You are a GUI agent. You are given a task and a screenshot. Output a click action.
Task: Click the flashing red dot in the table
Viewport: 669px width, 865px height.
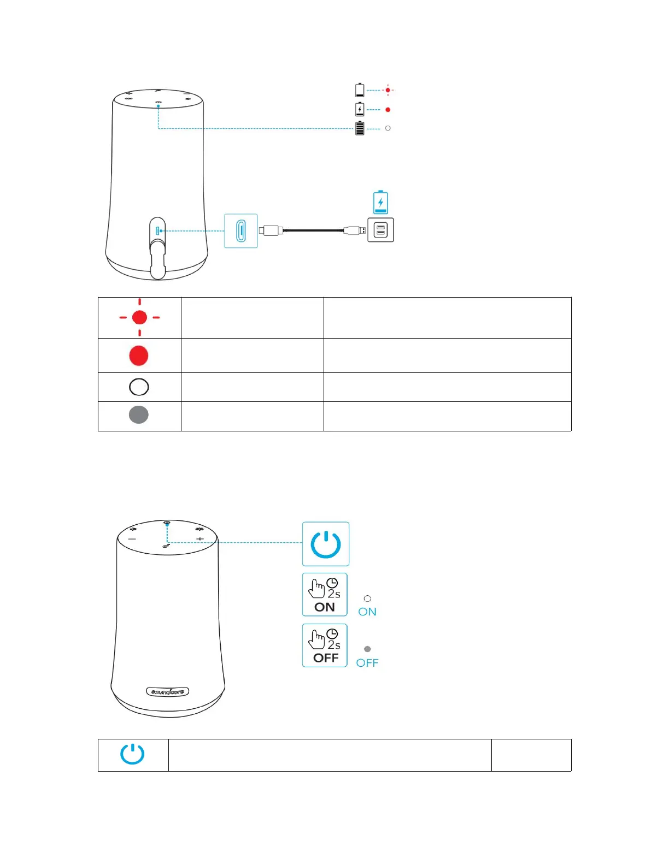click(139, 317)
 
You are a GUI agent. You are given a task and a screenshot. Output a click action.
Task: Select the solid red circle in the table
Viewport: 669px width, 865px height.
click(139, 356)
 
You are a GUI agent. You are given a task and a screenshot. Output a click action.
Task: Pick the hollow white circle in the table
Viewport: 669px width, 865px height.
click(139, 387)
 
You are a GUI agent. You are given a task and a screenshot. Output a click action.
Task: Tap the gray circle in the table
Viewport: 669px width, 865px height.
click(139, 415)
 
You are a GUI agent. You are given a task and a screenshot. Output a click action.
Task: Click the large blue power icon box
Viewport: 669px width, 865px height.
click(326, 544)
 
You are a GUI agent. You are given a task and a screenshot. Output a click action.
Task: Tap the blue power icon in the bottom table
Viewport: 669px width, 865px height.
click(132, 755)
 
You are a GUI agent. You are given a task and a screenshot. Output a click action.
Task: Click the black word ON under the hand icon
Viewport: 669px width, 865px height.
click(325, 607)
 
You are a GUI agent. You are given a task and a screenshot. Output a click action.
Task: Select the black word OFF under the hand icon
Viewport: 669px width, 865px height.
click(326, 658)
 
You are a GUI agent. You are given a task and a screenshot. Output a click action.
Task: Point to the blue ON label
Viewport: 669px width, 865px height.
click(367, 612)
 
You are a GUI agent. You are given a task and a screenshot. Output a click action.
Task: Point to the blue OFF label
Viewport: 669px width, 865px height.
click(367, 663)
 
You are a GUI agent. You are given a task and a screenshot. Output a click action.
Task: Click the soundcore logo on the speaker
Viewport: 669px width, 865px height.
click(168, 691)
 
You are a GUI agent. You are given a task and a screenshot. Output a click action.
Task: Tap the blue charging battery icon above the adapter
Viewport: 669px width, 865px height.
click(380, 203)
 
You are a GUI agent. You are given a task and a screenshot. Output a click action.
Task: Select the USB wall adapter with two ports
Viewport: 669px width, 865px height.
click(380, 230)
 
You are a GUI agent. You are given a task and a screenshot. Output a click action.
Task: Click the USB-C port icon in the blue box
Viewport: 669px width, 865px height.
click(241, 231)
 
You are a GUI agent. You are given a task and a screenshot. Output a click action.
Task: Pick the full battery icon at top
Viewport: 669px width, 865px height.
click(360, 128)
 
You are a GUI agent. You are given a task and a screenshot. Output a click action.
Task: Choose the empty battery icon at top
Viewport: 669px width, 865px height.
click(360, 90)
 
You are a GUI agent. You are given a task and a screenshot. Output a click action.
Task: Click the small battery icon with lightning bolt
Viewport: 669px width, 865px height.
click(360, 109)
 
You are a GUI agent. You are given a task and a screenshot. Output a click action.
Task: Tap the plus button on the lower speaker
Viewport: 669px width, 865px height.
click(200, 539)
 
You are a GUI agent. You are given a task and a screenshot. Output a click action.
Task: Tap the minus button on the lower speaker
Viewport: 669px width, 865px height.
click(132, 539)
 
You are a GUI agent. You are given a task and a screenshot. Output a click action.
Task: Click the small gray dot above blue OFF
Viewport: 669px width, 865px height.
click(367, 649)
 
